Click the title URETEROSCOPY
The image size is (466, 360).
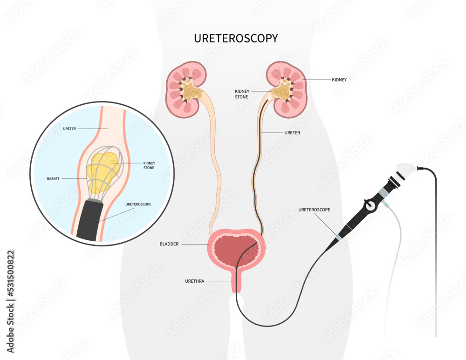[236, 39]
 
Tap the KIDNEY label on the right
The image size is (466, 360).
[339, 80]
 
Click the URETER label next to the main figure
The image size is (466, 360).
[292, 133]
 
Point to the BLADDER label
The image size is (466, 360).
[169, 244]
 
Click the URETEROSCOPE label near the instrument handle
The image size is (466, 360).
[314, 210]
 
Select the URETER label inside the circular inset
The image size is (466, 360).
[70, 128]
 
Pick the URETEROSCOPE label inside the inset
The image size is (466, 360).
[138, 204]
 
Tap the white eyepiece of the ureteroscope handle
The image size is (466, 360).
[407, 171]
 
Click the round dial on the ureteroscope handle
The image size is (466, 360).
[370, 204]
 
